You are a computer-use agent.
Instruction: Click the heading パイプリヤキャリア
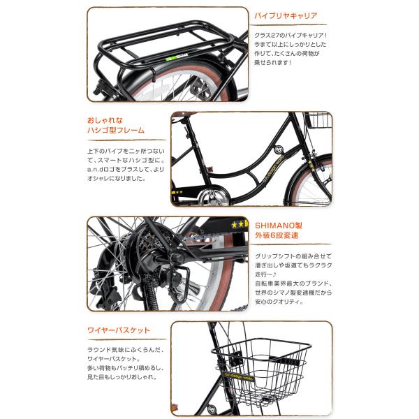pos(286,15)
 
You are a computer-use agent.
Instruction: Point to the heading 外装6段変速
pos(281,237)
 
